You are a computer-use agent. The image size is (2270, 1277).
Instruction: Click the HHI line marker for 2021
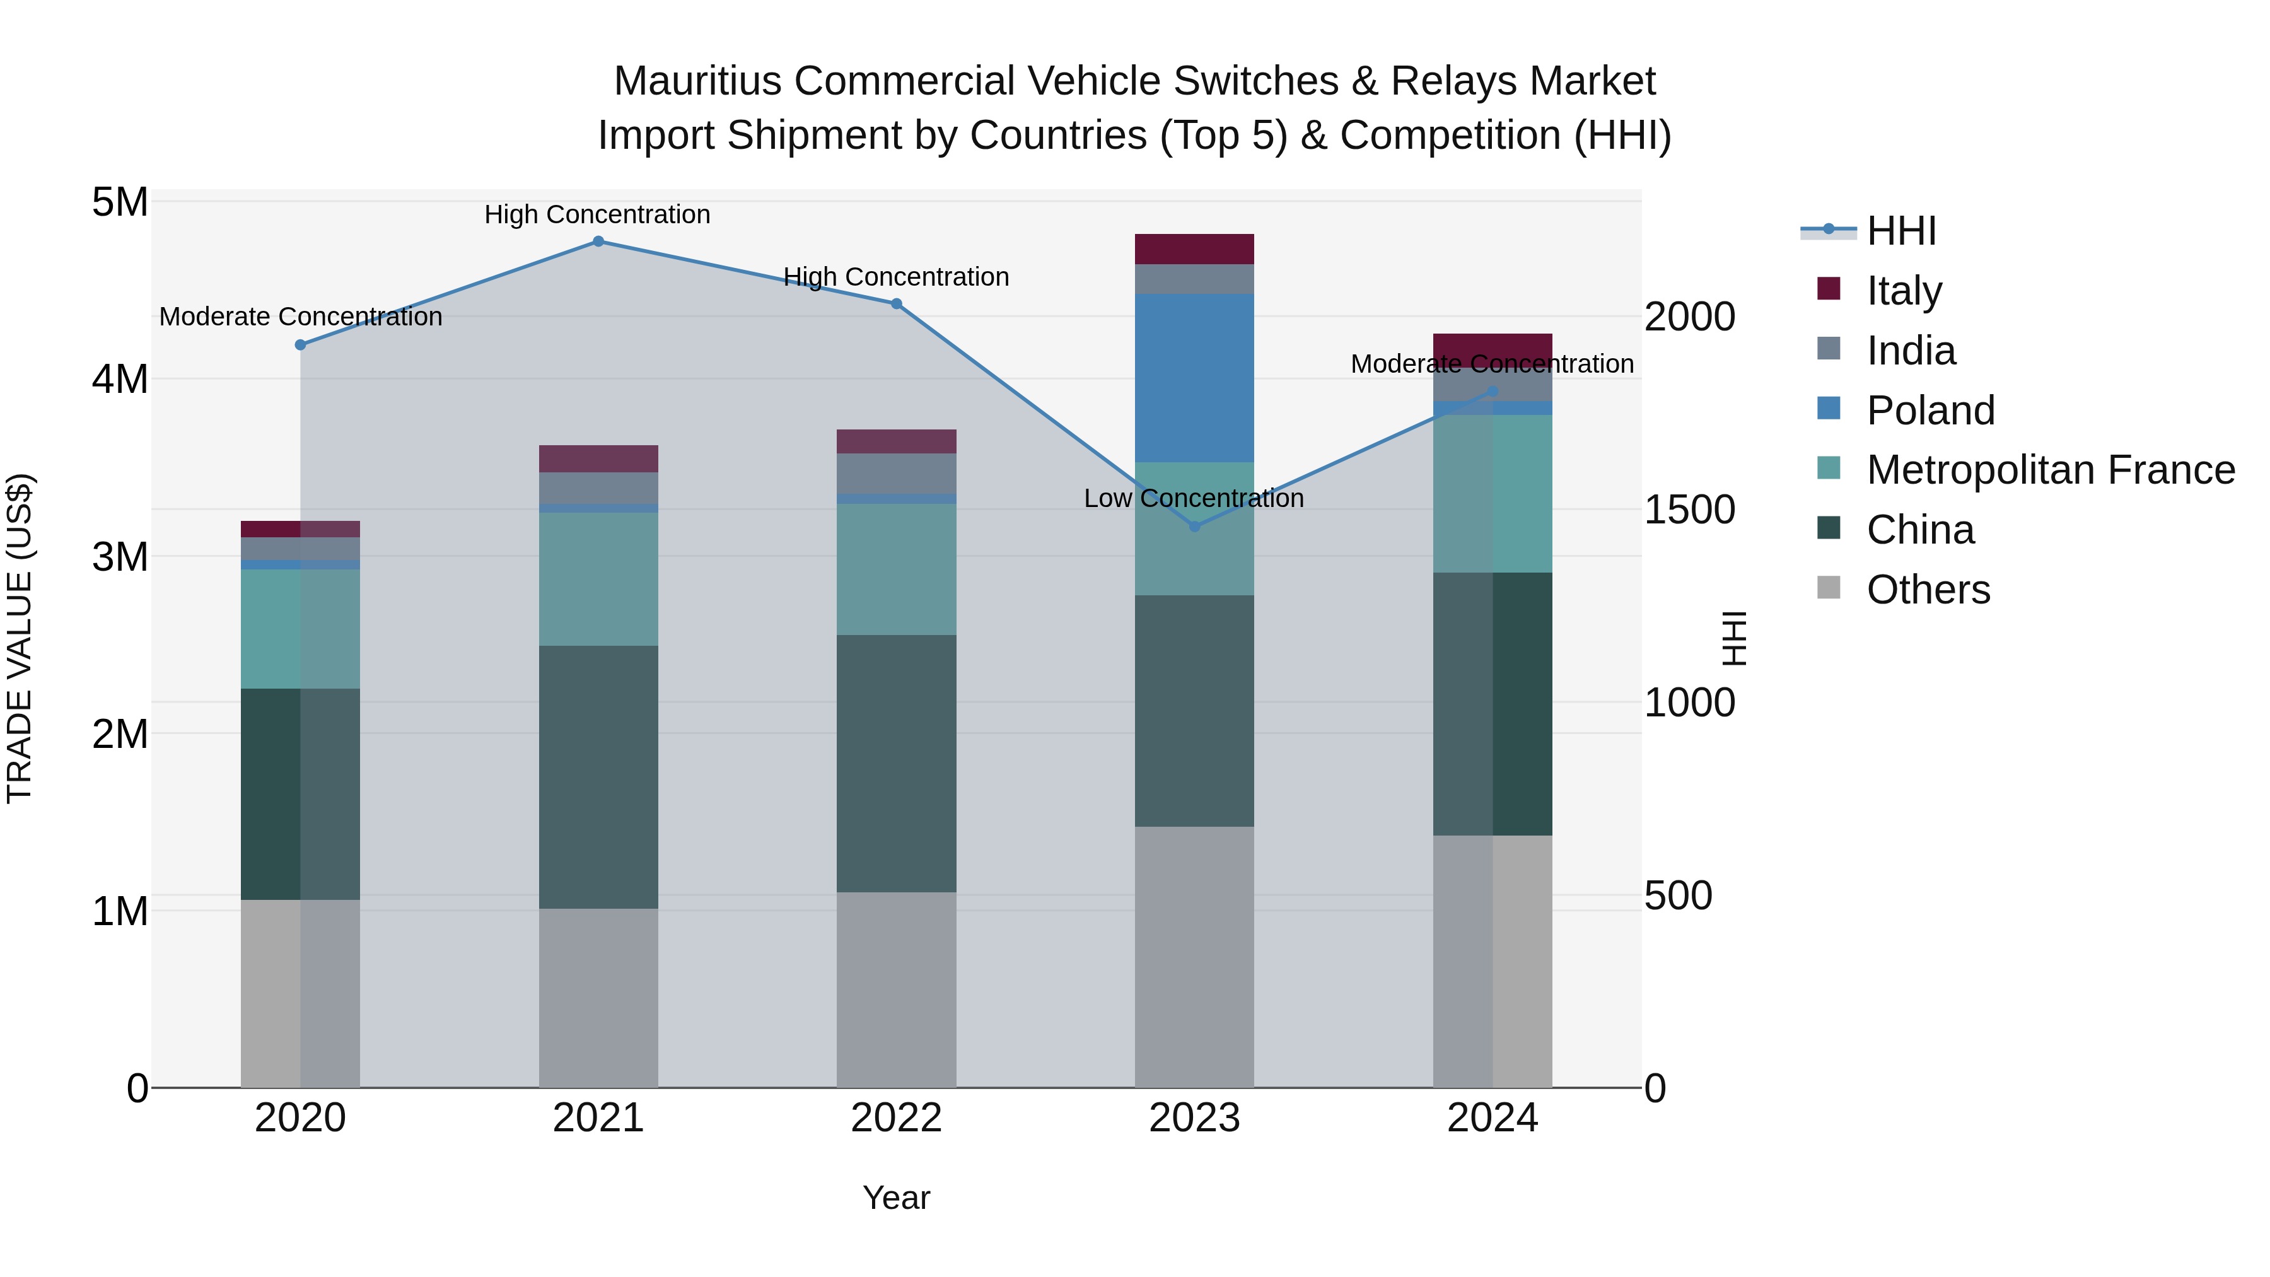(598, 242)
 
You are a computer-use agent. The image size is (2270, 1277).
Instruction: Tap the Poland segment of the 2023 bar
(1194, 378)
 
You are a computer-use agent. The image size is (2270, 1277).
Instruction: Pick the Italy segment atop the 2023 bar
(1194, 249)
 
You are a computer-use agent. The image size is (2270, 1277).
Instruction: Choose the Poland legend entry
(1930, 411)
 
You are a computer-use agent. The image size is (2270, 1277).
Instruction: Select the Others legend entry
(1927, 590)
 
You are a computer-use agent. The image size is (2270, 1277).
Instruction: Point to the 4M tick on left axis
(120, 380)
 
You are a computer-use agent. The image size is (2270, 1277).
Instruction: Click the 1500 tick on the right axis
(1689, 510)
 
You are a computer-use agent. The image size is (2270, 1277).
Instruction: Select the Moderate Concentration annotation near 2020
(301, 317)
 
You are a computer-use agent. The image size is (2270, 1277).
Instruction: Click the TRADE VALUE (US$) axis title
(20, 639)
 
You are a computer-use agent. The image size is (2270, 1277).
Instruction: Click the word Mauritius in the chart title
(697, 82)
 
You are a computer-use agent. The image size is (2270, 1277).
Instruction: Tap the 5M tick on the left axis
(120, 202)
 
